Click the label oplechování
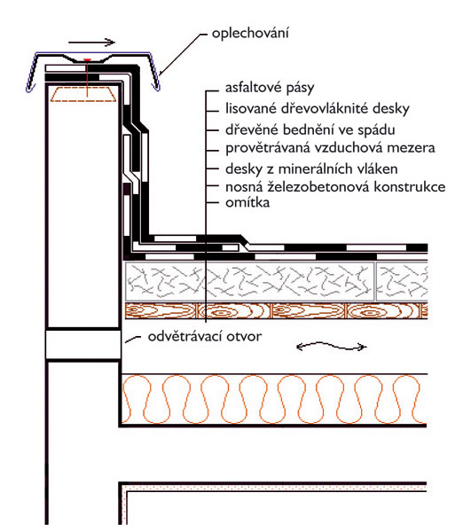click(250, 34)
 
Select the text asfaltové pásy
click(270, 88)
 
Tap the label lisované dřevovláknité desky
click(318, 108)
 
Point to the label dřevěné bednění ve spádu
click(310, 130)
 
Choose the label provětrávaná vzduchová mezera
click(330, 148)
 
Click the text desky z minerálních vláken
click(311, 168)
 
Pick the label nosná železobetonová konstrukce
click(335, 186)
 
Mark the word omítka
click(247, 202)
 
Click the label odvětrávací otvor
click(205, 337)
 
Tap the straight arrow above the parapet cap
click(91, 43)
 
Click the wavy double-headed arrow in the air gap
click(332, 347)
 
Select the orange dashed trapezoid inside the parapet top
click(83, 94)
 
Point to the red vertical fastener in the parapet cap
click(87, 78)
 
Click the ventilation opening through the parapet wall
click(83, 344)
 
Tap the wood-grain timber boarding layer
click(277, 311)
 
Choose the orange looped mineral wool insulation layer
click(274, 399)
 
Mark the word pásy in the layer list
click(301, 89)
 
